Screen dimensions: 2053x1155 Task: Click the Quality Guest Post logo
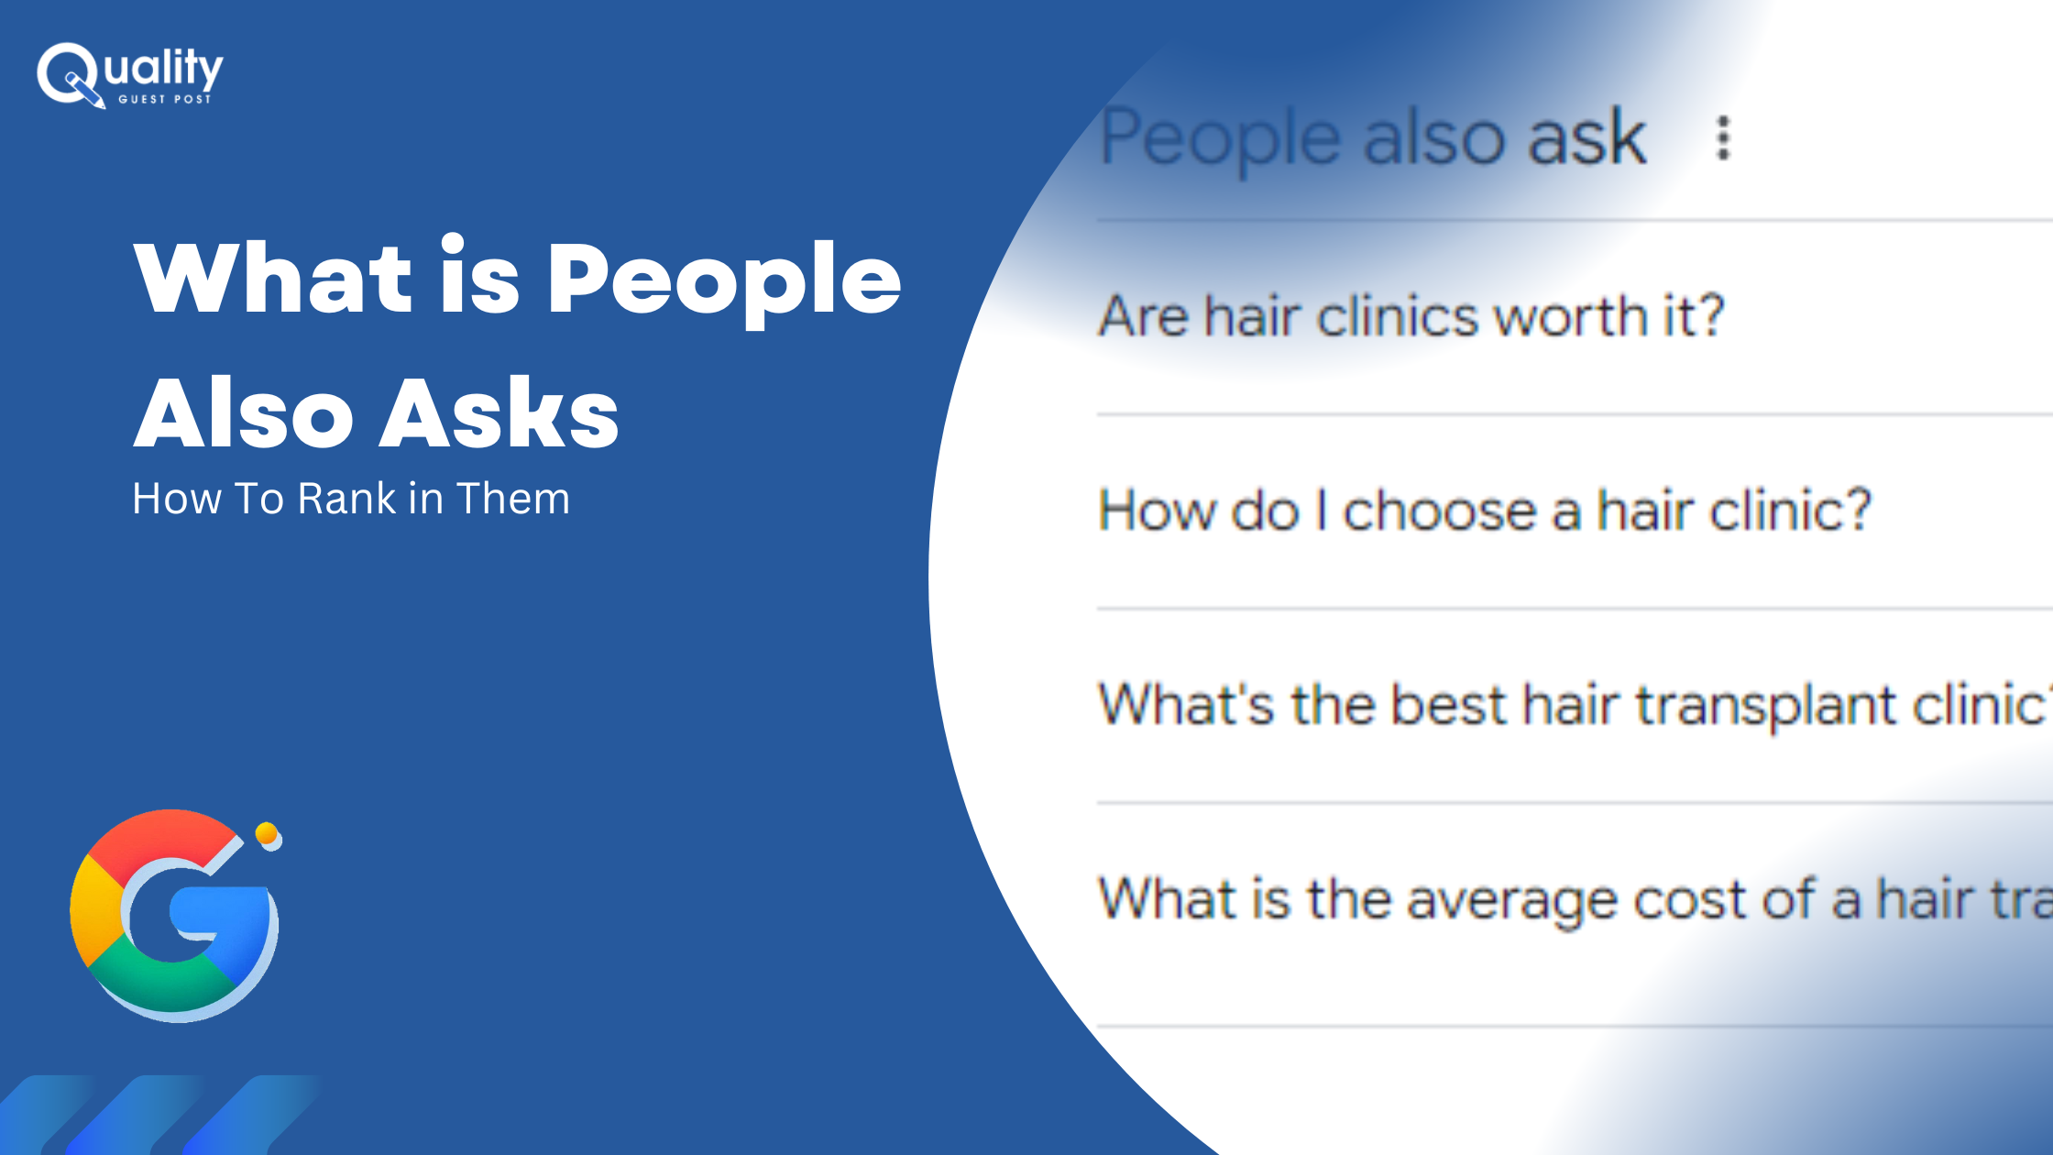[129, 75]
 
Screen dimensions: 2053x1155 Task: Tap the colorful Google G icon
[174, 916]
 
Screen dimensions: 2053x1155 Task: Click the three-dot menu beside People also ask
[1723, 138]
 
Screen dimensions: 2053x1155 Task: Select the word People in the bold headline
[724, 280]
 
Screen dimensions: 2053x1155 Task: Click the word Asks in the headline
[500, 413]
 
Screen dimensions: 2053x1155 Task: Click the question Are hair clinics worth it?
[1411, 316]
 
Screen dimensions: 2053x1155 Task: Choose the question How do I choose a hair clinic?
[1485, 510]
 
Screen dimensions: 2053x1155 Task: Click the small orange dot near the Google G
[267, 833]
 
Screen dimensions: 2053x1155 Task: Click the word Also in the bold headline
[244, 413]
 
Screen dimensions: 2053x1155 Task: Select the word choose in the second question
[1439, 511]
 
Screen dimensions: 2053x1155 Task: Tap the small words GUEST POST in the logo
[165, 99]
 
